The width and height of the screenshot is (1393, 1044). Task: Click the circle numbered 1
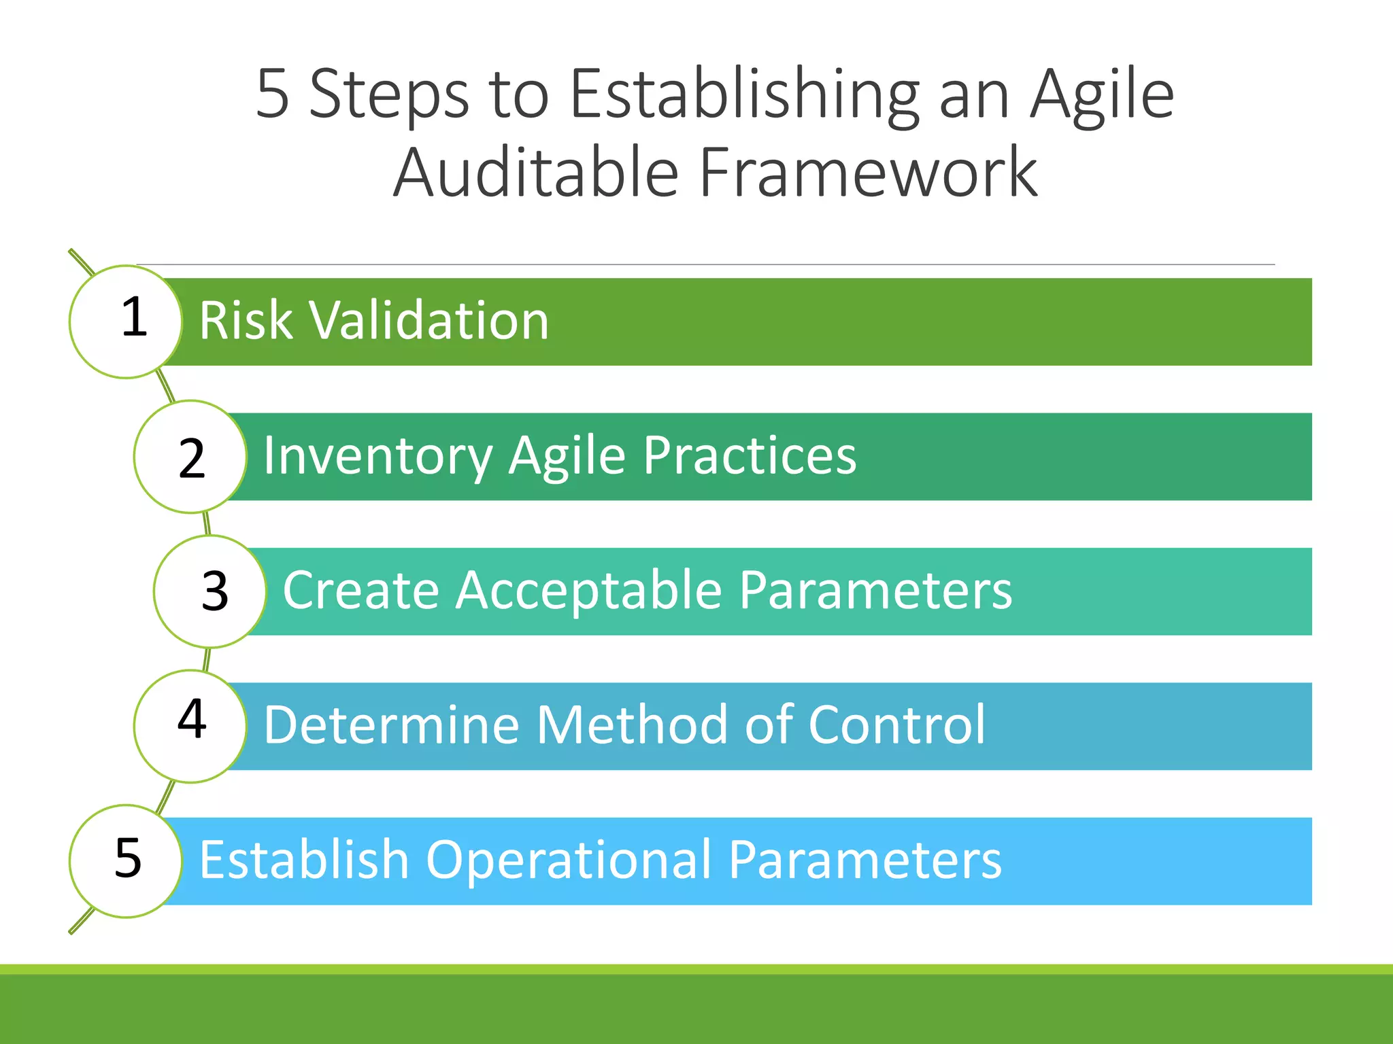tap(126, 321)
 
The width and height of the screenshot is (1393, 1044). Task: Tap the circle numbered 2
tap(190, 457)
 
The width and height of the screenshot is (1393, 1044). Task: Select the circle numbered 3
tap(210, 591)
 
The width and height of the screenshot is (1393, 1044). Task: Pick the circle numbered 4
tap(190, 726)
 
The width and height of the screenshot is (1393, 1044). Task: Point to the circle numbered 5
tap(126, 860)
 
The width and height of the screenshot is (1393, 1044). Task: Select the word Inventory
tap(377, 457)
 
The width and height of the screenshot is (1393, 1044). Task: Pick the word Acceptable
tap(589, 590)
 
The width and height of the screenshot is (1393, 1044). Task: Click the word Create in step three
tap(360, 590)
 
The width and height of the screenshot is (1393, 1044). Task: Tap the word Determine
tap(391, 725)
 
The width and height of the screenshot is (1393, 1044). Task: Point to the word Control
tap(896, 725)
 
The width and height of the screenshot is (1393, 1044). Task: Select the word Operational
tap(569, 860)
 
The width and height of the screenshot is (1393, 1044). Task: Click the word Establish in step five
tap(304, 859)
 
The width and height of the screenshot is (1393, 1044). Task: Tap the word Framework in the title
tap(868, 173)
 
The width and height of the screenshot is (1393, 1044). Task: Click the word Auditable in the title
tap(537, 173)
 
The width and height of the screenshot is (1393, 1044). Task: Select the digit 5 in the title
tap(273, 94)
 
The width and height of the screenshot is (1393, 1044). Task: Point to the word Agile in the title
tap(1101, 96)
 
